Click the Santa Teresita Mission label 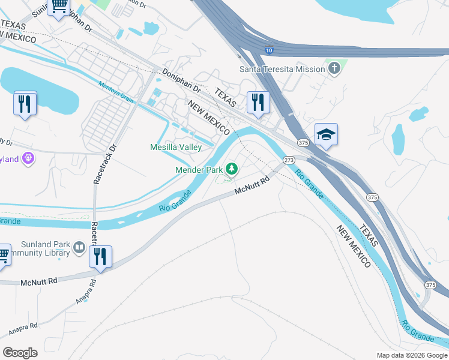pos(282,69)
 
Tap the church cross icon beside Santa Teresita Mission pos(334,69)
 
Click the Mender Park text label pos(199,170)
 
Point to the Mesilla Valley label pos(175,148)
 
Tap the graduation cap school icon pos(326,134)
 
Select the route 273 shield pos(289,160)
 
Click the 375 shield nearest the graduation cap pos(303,143)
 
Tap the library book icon pos(79,247)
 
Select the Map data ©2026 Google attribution pos(411,355)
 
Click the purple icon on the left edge pos(28,158)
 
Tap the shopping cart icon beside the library pos(3,254)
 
